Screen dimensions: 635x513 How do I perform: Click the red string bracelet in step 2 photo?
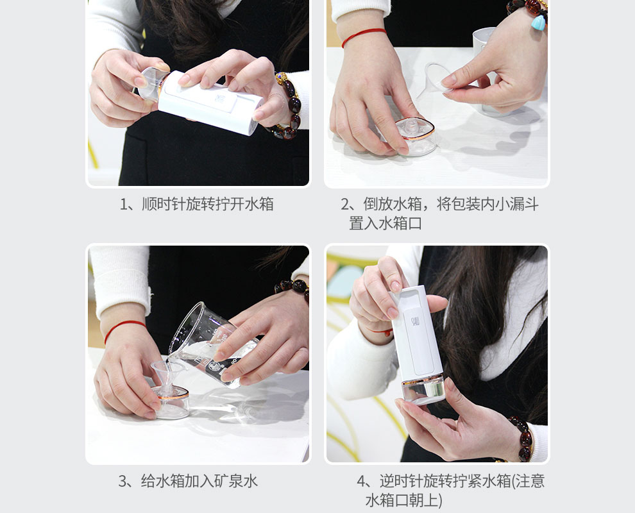pyautogui.click(x=363, y=35)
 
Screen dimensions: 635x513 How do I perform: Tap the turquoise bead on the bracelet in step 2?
pyautogui.click(x=538, y=22)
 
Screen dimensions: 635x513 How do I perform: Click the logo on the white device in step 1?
pyautogui.click(x=220, y=98)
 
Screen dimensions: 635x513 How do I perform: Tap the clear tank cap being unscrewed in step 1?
pyautogui.click(x=150, y=83)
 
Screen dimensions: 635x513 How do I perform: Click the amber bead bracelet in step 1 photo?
pyautogui.click(x=289, y=107)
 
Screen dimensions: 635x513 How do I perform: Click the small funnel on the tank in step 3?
pyautogui.click(x=167, y=376)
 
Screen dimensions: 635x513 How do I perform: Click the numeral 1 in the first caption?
pyautogui.click(x=124, y=204)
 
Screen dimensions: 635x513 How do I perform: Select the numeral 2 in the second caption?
pyautogui.click(x=345, y=204)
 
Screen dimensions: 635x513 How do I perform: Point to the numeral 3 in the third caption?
pyautogui.click(x=123, y=481)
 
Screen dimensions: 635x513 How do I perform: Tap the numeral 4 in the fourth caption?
pyautogui.click(x=361, y=481)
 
